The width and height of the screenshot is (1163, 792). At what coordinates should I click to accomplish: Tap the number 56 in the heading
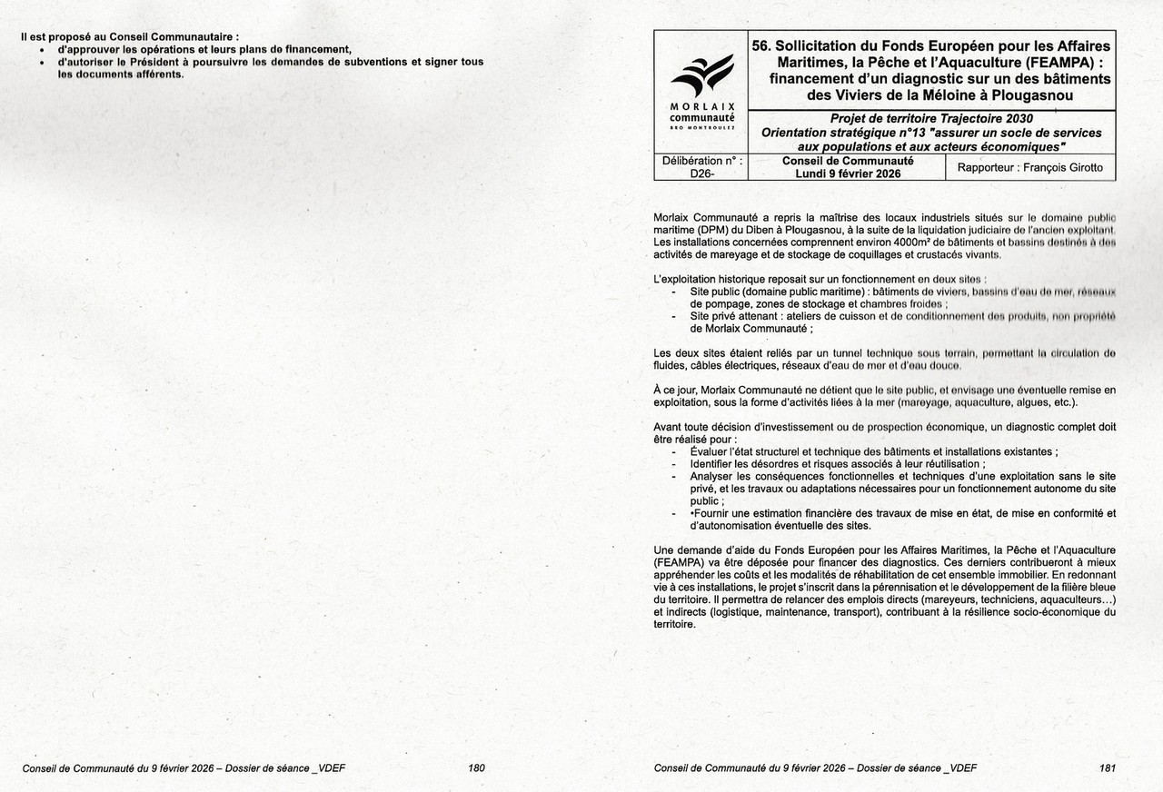coord(760,45)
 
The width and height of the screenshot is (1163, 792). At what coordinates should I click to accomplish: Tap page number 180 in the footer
coord(476,767)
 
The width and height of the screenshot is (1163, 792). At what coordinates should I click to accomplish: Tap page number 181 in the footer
coord(1108,767)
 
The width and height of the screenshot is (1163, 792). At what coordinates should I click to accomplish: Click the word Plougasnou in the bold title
coord(1030,94)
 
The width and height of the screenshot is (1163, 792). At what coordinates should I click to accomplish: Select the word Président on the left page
coord(143,62)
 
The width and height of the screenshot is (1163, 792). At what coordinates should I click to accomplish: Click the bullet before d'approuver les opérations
coord(42,49)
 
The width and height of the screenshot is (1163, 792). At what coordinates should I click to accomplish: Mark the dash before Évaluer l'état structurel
coord(672,451)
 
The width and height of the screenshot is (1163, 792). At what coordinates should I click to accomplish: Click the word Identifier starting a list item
coord(715,463)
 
